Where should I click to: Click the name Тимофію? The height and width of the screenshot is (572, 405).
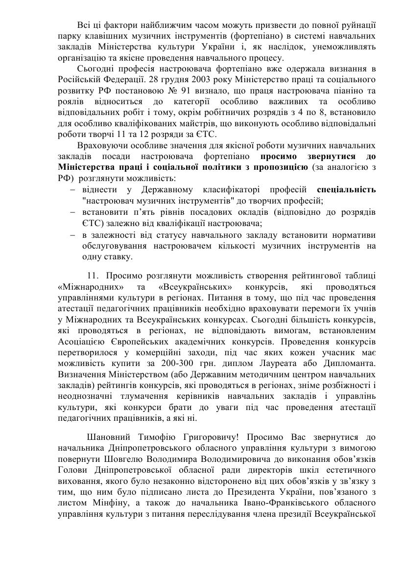point(157,437)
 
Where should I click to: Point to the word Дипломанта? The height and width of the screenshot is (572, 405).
point(352,350)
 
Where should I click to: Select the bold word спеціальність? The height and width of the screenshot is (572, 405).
point(346,189)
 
